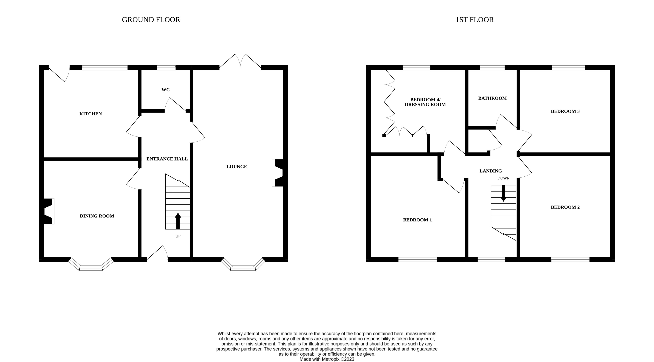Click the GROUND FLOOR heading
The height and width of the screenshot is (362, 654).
tap(151, 20)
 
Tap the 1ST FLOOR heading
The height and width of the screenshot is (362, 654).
tap(474, 20)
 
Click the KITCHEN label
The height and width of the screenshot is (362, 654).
tap(90, 114)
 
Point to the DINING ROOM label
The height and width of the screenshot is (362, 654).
tap(97, 216)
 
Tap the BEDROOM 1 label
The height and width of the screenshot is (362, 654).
tap(417, 220)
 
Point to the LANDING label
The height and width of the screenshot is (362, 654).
tap(490, 171)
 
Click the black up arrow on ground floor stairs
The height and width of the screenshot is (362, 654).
tap(178, 221)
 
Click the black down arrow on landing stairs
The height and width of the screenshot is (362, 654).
tap(503, 193)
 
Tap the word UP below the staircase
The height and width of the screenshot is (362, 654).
tap(178, 236)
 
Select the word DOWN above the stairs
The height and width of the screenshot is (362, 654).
tap(503, 178)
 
